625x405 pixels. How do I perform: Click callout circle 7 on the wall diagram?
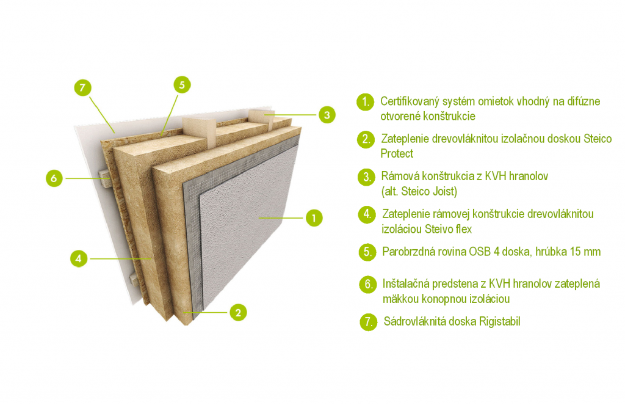coord(82,87)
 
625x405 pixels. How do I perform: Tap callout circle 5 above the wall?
coord(182,84)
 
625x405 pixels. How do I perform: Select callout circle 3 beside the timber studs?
coord(327,115)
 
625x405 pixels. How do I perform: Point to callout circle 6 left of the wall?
coord(54,178)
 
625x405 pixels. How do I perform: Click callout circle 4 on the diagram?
coord(79,258)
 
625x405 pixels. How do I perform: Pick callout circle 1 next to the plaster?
coord(314,218)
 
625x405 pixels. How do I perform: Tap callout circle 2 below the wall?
coord(238,312)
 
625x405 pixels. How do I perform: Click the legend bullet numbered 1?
coord(365,102)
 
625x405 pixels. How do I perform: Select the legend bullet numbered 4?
coord(367,214)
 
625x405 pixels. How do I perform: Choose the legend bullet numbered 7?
coord(368,322)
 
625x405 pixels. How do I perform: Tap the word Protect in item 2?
coord(397,153)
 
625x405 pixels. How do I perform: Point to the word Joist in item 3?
coord(444,192)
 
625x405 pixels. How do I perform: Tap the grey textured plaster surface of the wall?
coord(247,224)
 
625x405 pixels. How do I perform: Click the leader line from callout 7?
coord(102,115)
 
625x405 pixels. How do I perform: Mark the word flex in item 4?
coord(464,229)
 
